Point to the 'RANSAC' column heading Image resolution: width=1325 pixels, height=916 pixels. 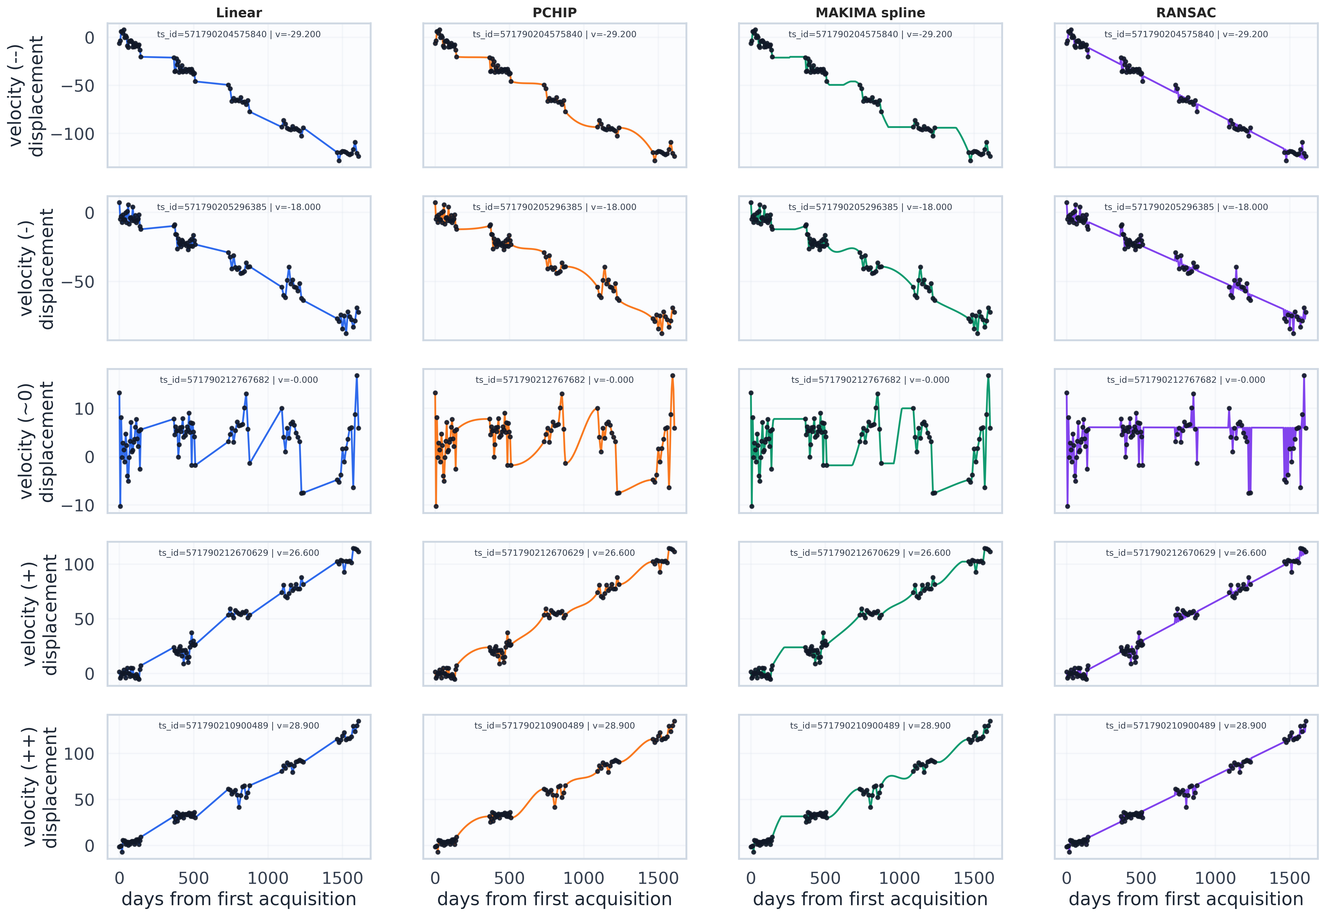tap(1186, 13)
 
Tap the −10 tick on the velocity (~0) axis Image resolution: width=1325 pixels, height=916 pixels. tap(78, 506)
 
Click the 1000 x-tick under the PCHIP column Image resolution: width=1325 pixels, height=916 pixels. tap(584, 878)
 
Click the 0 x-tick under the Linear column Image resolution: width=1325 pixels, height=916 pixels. tap(119, 878)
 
